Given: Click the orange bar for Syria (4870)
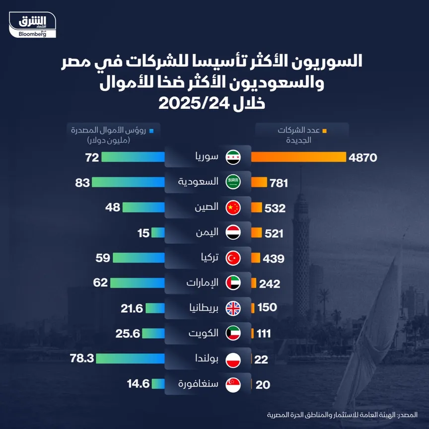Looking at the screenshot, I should (298, 157).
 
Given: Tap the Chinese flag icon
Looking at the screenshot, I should (233, 208).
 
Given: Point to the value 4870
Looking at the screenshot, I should (363, 157).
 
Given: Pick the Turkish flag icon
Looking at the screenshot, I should (233, 258).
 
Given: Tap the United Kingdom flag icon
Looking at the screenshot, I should (233, 308).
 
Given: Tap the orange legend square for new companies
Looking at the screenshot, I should (324, 132).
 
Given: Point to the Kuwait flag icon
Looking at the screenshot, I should (233, 334).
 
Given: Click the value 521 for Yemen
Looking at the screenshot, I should (275, 233).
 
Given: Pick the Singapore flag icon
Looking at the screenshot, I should (233, 384).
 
